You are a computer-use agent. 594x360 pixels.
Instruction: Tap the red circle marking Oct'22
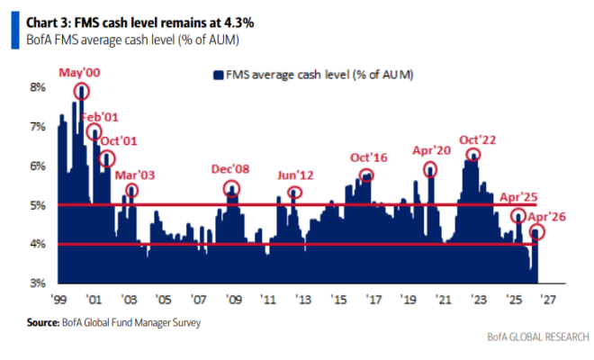click(473, 154)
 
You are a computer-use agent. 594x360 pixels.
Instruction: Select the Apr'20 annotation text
click(429, 151)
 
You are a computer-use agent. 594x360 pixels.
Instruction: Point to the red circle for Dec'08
click(232, 189)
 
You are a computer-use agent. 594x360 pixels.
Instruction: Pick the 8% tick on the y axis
click(37, 88)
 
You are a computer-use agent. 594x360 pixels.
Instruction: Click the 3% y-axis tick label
click(37, 283)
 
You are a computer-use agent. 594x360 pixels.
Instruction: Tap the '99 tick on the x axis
click(60, 301)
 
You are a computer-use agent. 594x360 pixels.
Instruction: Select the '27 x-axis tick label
click(548, 301)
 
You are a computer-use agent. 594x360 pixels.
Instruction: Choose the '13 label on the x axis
click(304, 301)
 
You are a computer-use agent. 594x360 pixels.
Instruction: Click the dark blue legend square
click(216, 75)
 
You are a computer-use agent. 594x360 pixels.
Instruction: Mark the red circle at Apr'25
click(519, 216)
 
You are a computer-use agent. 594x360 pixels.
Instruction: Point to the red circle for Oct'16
click(365, 176)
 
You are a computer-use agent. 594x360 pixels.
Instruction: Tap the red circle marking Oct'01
click(108, 158)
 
